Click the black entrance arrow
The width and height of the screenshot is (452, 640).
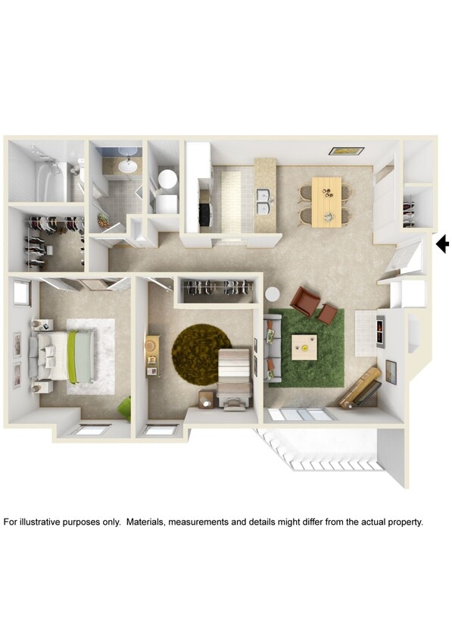tap(443, 244)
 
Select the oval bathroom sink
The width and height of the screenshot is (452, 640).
tap(128, 165)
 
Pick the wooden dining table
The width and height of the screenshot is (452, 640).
tap(326, 202)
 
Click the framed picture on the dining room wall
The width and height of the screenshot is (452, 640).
tap(346, 151)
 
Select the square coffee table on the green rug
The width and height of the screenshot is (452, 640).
tap(304, 347)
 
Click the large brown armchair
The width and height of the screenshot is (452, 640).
tap(304, 301)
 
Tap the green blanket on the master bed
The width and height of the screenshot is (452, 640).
tap(73, 357)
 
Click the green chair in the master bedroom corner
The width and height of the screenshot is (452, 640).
tap(124, 409)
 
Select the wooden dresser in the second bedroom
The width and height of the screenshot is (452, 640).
tap(152, 356)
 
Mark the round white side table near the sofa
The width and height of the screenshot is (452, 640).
tap(272, 294)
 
